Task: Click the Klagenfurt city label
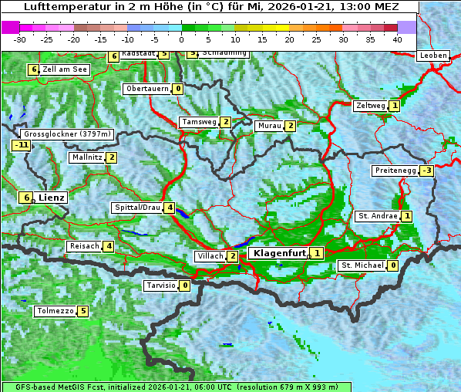tap(278, 252)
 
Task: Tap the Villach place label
tap(210, 256)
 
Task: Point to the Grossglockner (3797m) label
tap(68, 133)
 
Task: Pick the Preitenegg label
tap(395, 171)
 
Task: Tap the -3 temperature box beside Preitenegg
tap(426, 171)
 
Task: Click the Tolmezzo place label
tap(55, 312)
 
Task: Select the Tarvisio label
tap(161, 286)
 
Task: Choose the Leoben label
tap(432, 56)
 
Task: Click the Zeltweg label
tap(370, 106)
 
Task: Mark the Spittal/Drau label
tap(137, 208)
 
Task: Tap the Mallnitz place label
tap(86, 157)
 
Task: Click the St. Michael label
tap(362, 266)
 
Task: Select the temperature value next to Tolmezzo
tap(82, 312)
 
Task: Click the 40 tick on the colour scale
tap(397, 39)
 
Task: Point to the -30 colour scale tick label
tap(20, 39)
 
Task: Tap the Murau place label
tap(268, 126)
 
